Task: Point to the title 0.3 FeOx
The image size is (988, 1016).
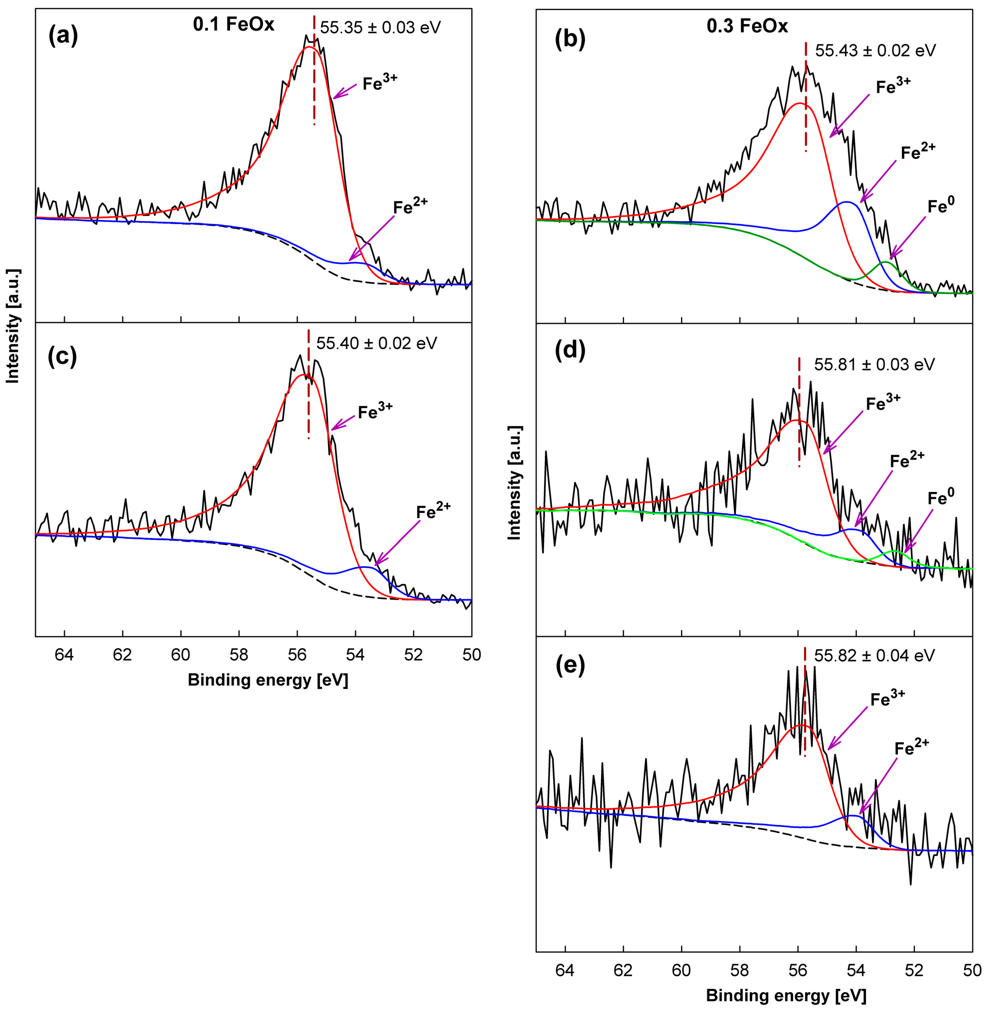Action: tap(747, 26)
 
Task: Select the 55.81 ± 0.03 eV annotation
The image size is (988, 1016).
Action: tap(874, 364)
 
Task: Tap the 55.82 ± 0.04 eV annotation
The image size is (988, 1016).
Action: tap(874, 655)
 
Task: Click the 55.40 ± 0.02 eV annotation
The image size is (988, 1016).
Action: tap(377, 343)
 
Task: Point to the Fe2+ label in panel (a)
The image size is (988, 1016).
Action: tap(410, 207)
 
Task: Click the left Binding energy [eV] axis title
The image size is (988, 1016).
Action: tap(268, 680)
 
